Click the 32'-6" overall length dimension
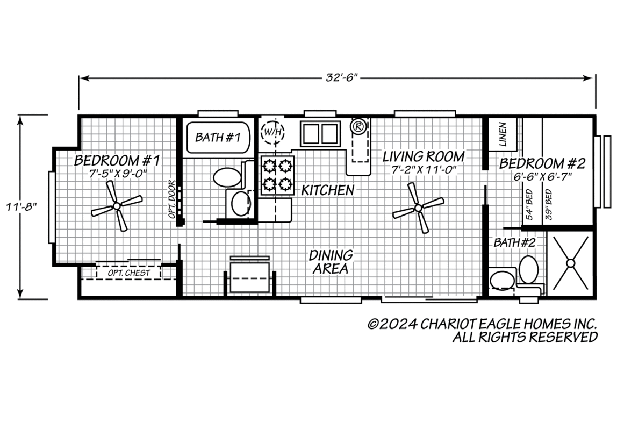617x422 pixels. tap(342, 77)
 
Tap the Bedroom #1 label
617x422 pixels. tap(117, 161)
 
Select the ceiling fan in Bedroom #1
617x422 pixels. tap(117, 206)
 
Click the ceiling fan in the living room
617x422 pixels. tap(418, 208)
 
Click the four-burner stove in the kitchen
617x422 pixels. tap(277, 175)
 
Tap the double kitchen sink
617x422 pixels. tap(320, 133)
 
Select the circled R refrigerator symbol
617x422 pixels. tap(358, 126)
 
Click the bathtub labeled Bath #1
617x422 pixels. tap(218, 138)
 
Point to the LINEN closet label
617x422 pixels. tap(503, 134)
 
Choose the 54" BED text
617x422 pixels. tap(529, 205)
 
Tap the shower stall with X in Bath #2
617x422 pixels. tap(570, 262)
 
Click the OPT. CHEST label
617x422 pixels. tap(128, 273)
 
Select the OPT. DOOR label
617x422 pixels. tap(171, 199)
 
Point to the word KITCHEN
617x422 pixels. tap(328, 190)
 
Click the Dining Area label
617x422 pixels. tap(331, 262)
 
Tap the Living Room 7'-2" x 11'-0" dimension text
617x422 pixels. tap(424, 170)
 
